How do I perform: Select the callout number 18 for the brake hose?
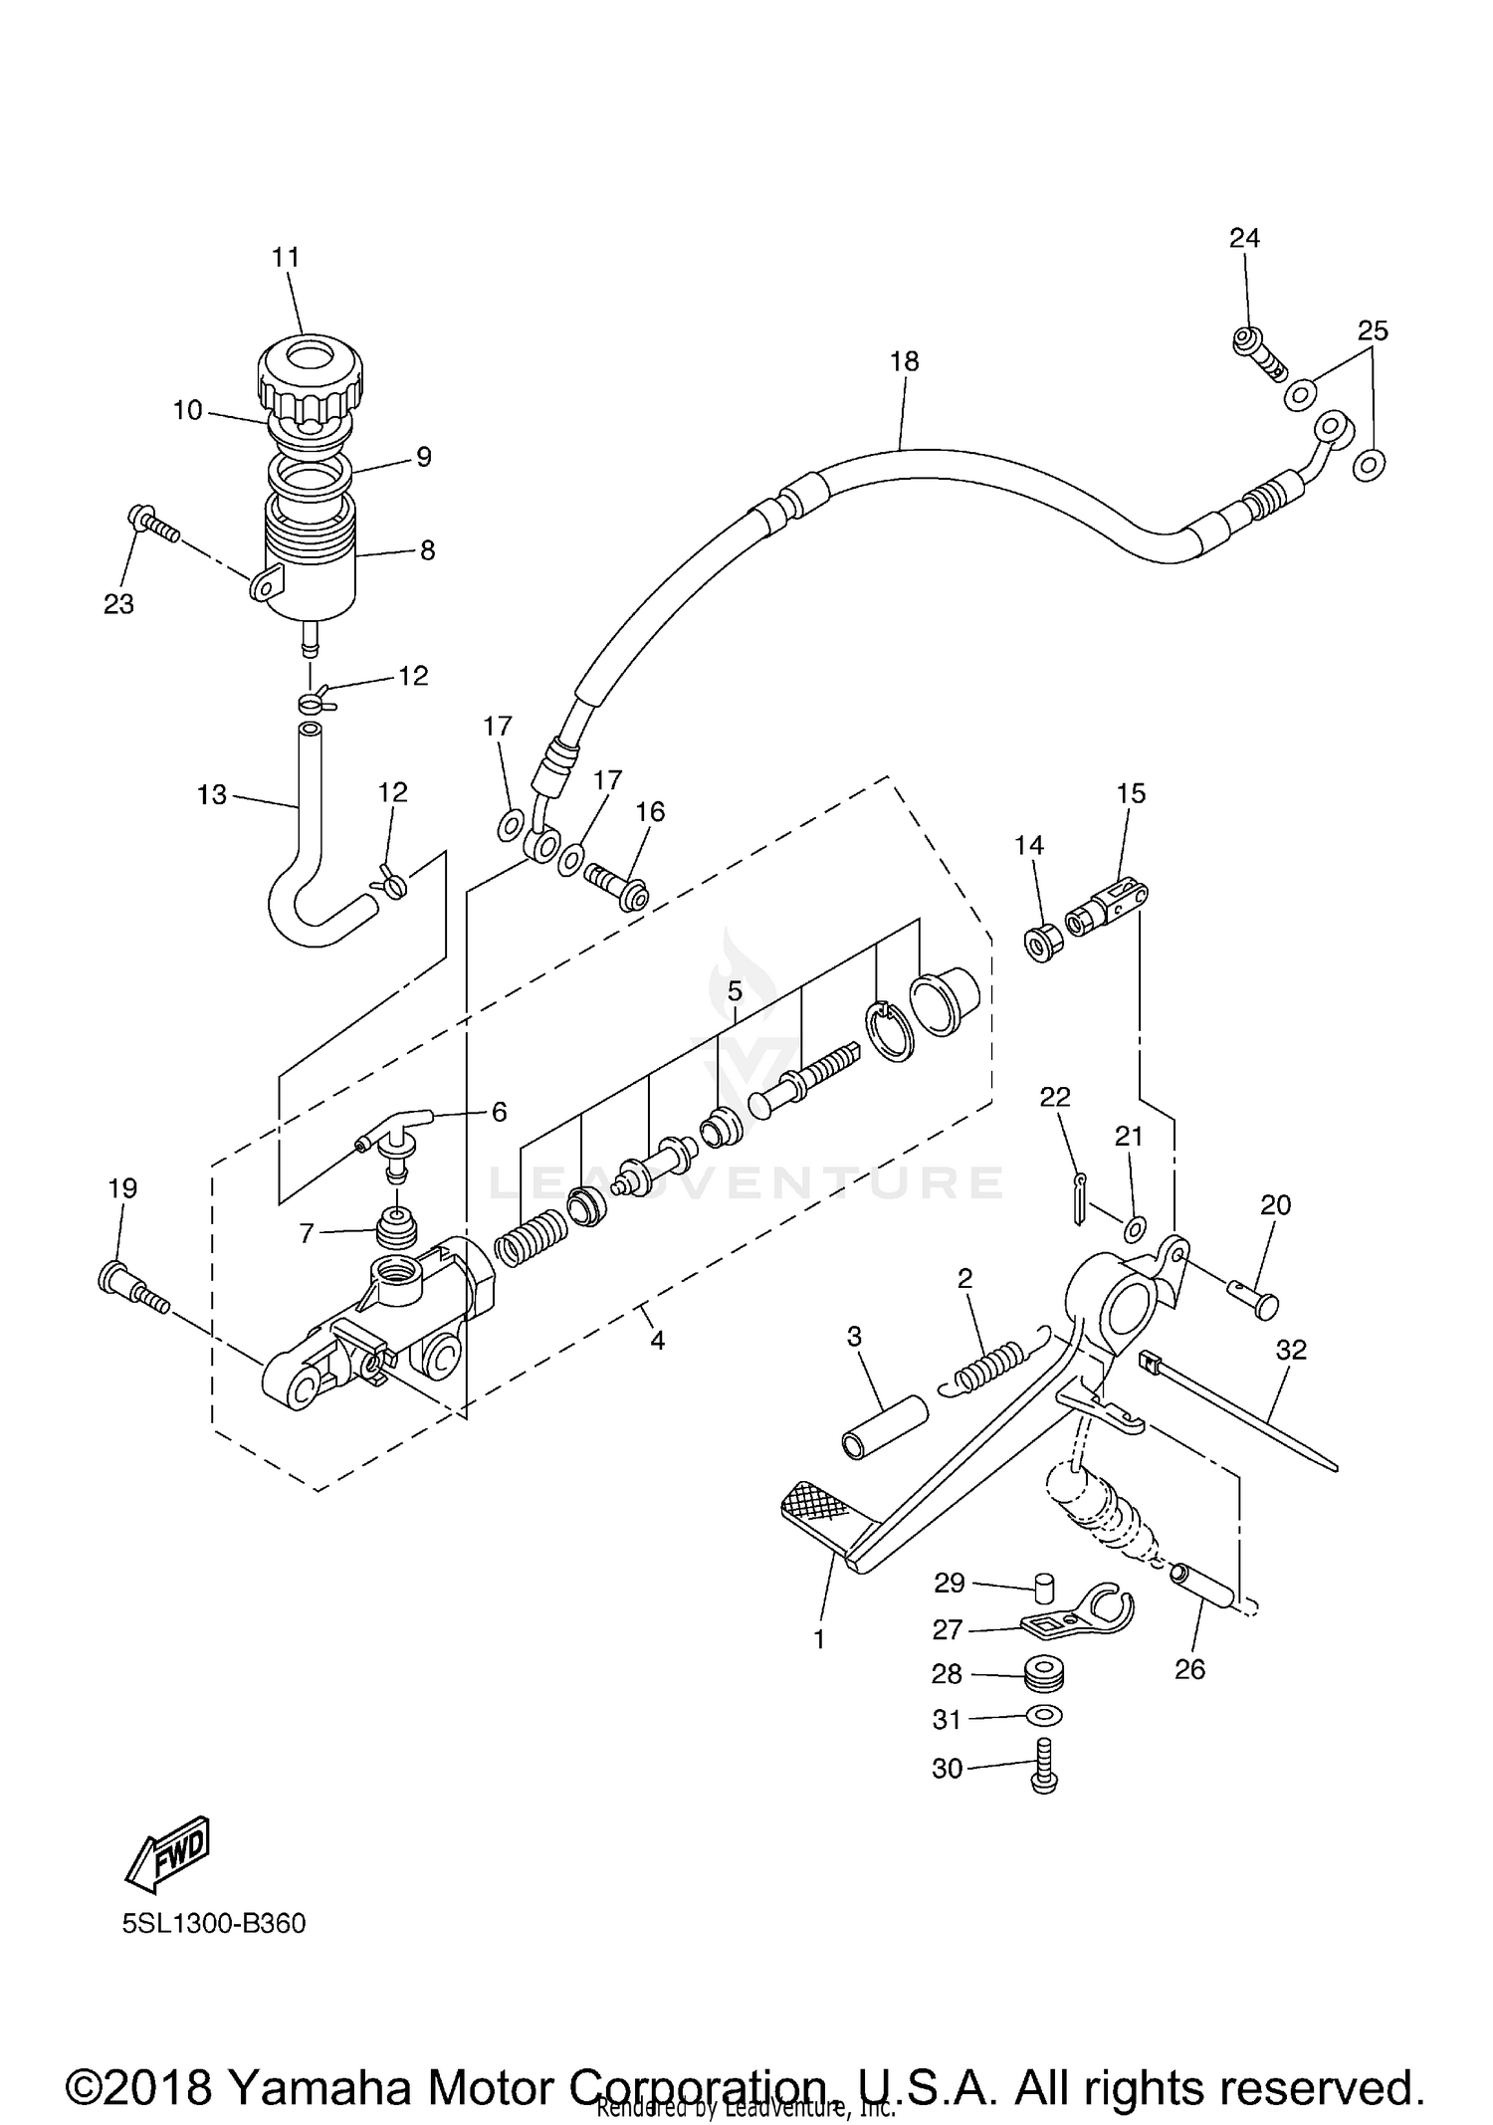coord(904,362)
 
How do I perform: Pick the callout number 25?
coord(1373,331)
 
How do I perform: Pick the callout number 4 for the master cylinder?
coord(657,1341)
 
